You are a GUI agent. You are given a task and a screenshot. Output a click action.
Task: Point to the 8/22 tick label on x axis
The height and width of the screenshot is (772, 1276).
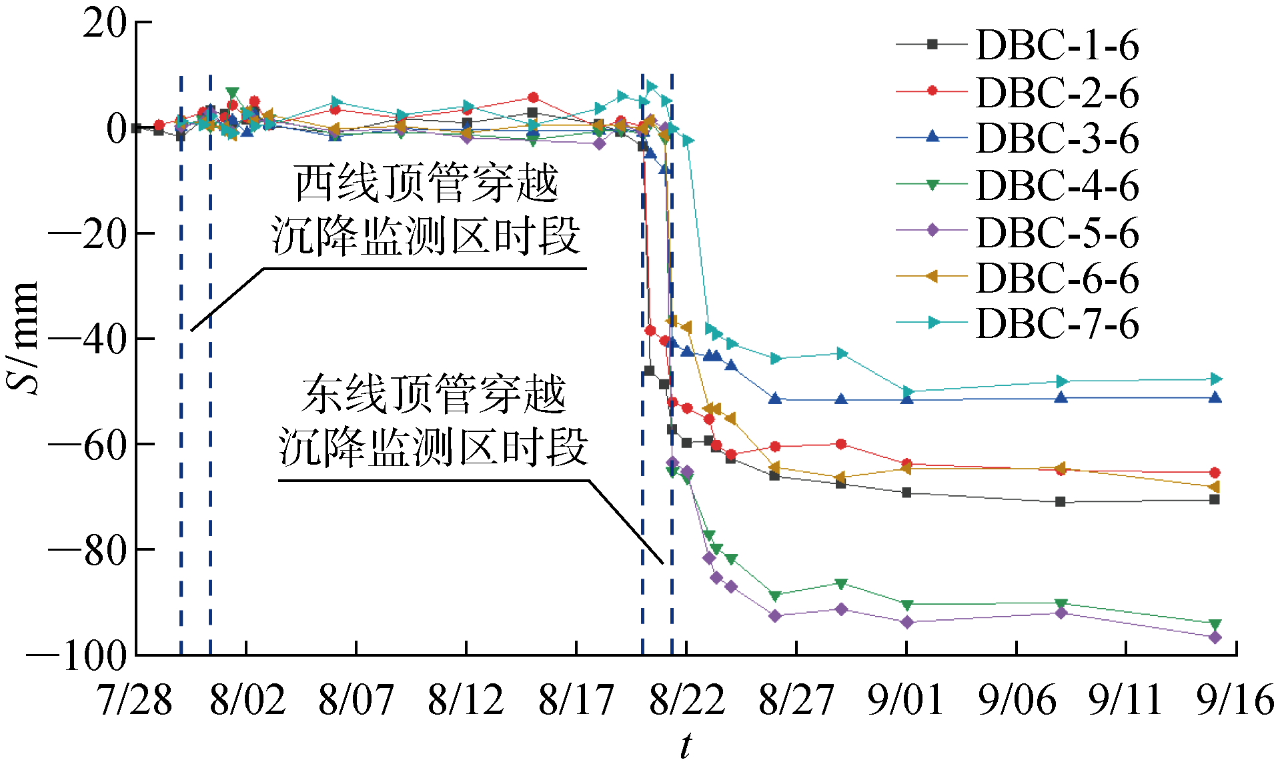pos(686,700)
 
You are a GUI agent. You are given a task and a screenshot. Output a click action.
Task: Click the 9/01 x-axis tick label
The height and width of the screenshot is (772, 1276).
pos(906,700)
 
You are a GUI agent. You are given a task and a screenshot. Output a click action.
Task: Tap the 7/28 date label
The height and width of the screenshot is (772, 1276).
pos(135,700)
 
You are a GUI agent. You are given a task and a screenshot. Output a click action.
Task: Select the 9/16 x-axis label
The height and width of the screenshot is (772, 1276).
pos(1235,700)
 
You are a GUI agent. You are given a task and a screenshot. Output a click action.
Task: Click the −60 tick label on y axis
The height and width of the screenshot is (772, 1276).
pos(87,444)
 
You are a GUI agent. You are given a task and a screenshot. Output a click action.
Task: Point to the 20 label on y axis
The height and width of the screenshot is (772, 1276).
pos(105,23)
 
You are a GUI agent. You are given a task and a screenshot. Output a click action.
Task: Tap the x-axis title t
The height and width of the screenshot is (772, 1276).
pos(686,745)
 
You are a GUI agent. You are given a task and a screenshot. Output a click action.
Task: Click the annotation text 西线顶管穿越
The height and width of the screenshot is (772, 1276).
pos(426,183)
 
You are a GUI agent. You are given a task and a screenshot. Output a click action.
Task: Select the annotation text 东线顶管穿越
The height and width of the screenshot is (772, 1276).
pos(434,395)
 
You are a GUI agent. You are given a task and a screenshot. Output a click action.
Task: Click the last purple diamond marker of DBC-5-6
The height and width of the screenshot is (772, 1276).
pos(1215,637)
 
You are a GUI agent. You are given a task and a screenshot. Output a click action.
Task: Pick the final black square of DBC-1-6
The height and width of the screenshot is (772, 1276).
pos(1215,499)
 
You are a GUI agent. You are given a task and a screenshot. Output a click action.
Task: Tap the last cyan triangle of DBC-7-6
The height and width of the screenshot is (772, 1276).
pos(1215,379)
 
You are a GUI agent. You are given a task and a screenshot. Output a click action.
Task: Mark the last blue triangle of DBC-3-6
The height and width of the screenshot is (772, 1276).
pos(1215,397)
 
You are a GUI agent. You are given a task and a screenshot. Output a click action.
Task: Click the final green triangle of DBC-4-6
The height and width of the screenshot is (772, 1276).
pos(1215,625)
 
